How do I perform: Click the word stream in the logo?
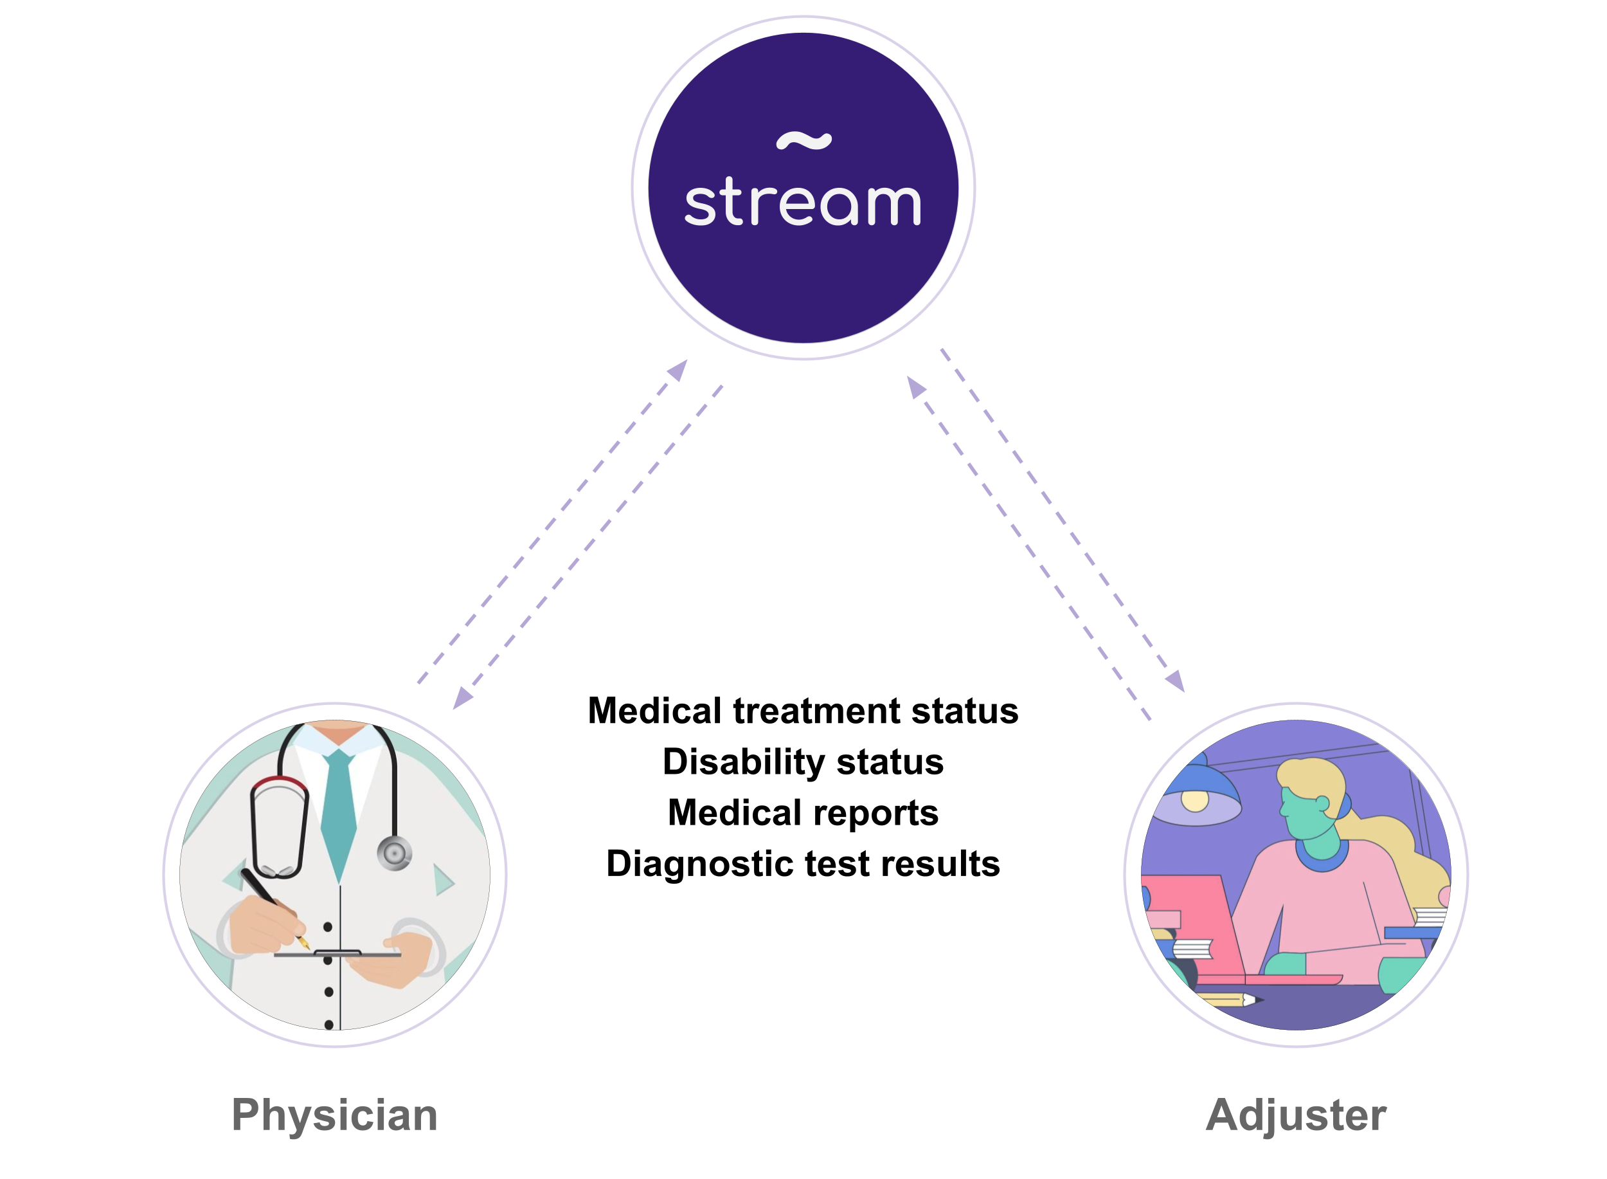[x=802, y=203]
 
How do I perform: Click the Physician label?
[x=334, y=1115]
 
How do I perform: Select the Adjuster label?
[x=1295, y=1115]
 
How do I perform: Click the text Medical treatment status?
[x=802, y=711]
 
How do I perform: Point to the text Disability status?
[x=802, y=762]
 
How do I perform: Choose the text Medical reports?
[x=802, y=812]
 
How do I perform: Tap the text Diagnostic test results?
[x=802, y=864]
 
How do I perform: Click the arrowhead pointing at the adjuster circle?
[x=1176, y=681]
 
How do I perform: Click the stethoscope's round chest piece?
[x=395, y=853]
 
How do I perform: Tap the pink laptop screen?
[x=1191, y=920]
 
